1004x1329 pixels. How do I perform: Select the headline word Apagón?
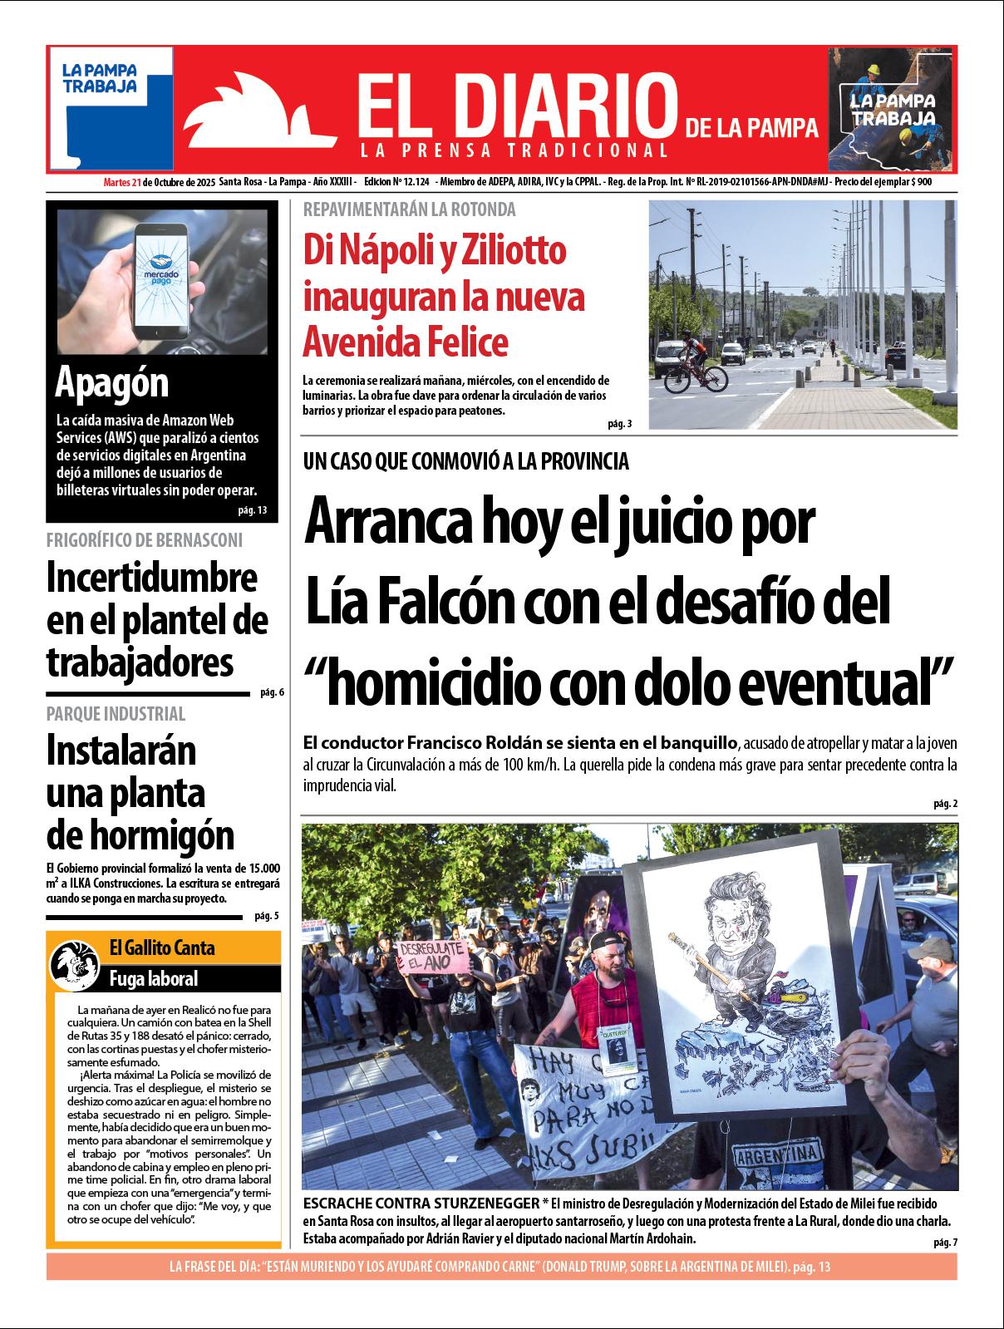(111, 383)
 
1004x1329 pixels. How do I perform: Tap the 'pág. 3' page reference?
(619, 424)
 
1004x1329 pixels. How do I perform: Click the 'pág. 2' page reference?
(946, 804)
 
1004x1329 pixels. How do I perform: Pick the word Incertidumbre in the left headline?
(152, 578)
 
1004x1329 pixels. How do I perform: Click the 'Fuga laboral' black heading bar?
(154, 978)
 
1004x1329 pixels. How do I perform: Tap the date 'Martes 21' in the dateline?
(121, 182)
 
